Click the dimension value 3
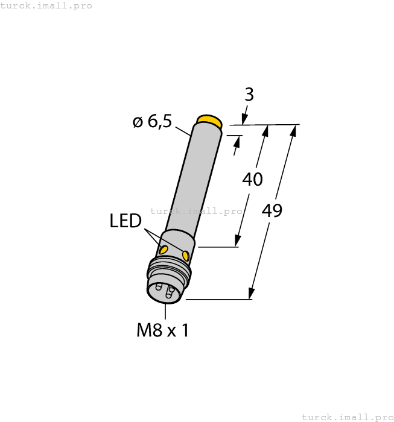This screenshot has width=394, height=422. click(x=249, y=95)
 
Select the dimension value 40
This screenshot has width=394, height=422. click(x=252, y=179)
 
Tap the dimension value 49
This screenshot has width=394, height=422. click(x=272, y=210)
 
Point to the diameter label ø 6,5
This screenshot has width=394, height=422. click(x=152, y=121)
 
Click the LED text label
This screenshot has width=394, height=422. click(x=126, y=221)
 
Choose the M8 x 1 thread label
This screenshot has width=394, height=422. click(x=162, y=330)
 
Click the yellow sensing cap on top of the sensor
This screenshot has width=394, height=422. click(x=209, y=121)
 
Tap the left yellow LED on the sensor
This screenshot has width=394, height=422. click(x=164, y=250)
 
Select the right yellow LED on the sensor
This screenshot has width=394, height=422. click(x=186, y=256)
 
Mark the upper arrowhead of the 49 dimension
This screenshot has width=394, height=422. click(x=294, y=130)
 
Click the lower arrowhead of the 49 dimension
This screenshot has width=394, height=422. click(x=251, y=294)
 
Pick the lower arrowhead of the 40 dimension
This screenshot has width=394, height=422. click(x=238, y=242)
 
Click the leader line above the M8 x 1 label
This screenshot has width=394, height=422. click(x=165, y=310)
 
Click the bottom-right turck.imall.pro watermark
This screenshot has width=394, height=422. click(x=347, y=417)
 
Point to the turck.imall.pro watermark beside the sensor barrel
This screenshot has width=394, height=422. click(x=196, y=211)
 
